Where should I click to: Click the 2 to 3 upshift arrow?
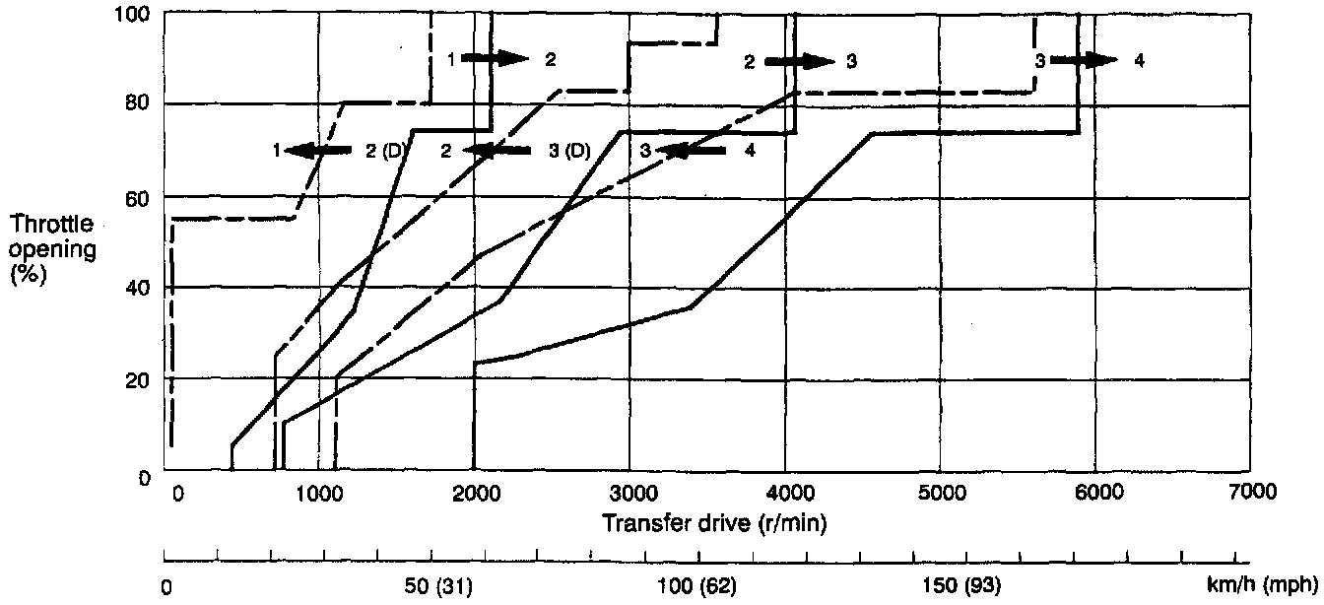tap(799, 61)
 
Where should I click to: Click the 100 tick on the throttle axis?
tap(135, 14)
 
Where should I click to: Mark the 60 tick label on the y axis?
tap(140, 198)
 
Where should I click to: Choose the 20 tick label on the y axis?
tap(140, 380)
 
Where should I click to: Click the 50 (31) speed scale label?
tap(440, 587)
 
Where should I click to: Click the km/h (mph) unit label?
tap(1260, 587)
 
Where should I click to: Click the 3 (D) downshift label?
tap(568, 150)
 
